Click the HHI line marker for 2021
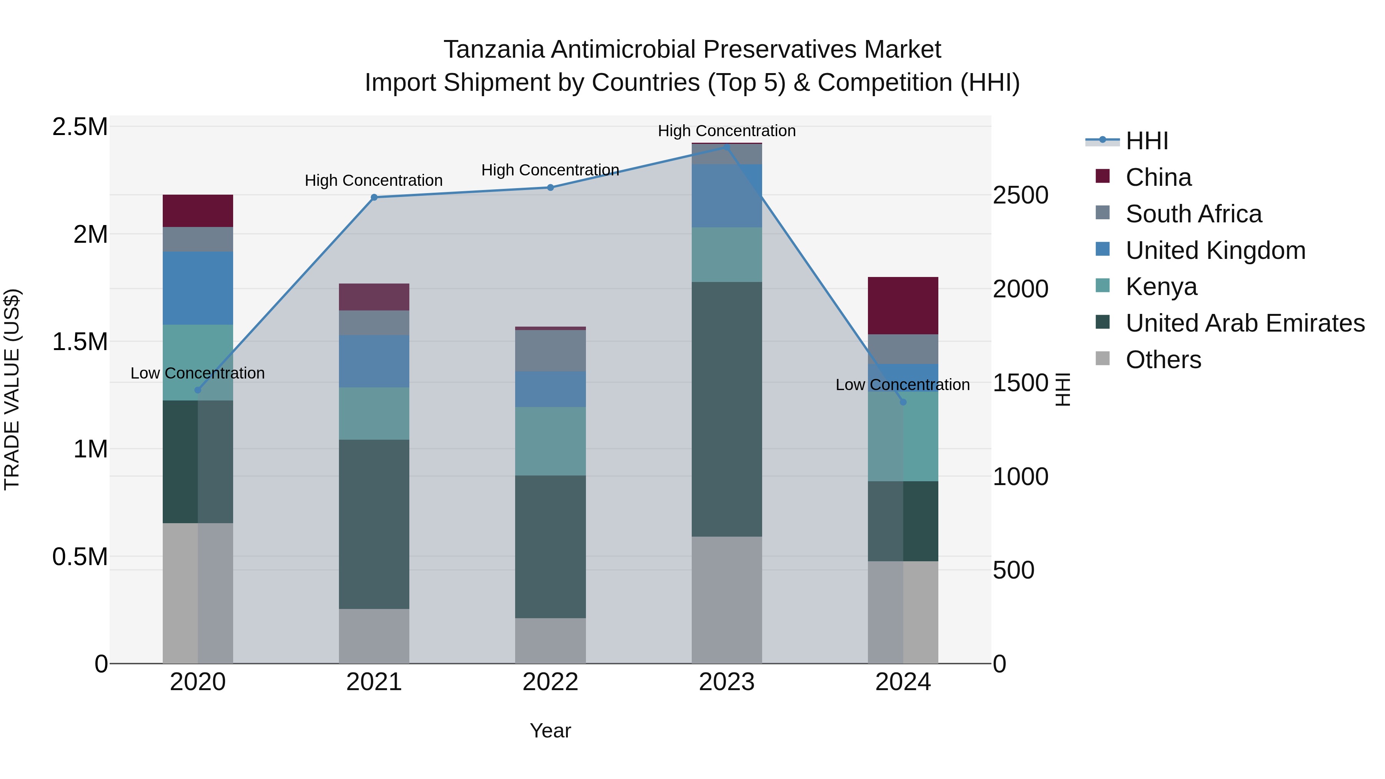pos(374,197)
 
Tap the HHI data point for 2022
pos(551,188)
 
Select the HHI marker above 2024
pos(903,402)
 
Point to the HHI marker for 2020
pos(198,390)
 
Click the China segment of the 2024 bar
pos(903,306)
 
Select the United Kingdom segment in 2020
pos(198,288)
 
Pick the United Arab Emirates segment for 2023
pos(727,409)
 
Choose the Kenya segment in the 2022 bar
pos(551,441)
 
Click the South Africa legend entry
pos(1193,214)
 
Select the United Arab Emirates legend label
pos(1245,323)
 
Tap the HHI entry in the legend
pos(1147,141)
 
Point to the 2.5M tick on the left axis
pos(80,127)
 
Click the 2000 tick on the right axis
pos(1020,289)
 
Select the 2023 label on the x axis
pos(727,682)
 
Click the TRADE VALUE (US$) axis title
pos(12,389)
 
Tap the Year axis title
pos(551,731)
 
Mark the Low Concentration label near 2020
pos(198,373)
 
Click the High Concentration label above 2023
pos(727,131)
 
